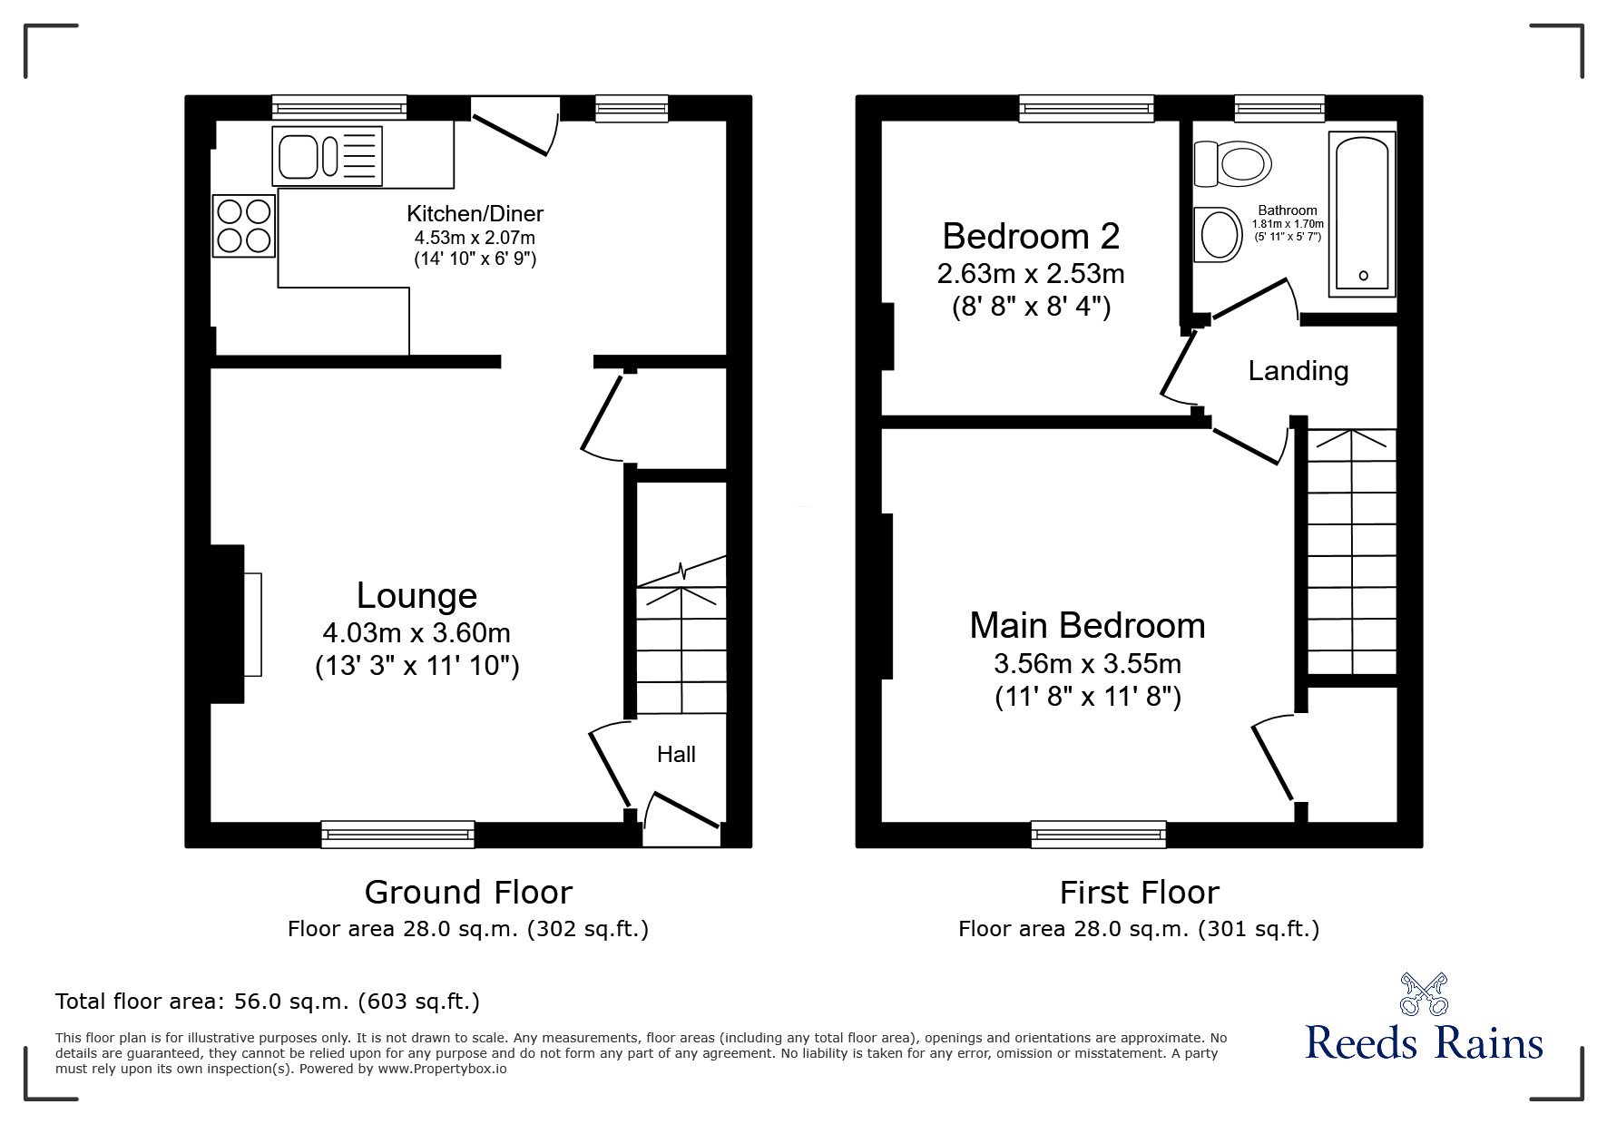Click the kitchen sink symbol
pos(327,156)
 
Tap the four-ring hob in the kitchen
pos(244,226)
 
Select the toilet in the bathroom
pos(1232,163)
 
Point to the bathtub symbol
pos(1362,214)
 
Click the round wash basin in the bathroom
pos(1219,235)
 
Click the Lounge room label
pos(416,596)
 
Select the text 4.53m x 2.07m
pos(475,238)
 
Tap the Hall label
pos(676,755)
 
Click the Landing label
pos(1298,371)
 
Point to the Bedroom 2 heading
pos(1031,237)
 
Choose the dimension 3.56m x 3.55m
pos(1087,664)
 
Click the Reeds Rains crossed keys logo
pos(1424,994)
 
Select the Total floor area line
pos(268,1002)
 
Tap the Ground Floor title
pos(468,893)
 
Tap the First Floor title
pos(1139,893)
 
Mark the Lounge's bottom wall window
pos(397,834)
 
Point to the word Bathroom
pos(1287,210)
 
